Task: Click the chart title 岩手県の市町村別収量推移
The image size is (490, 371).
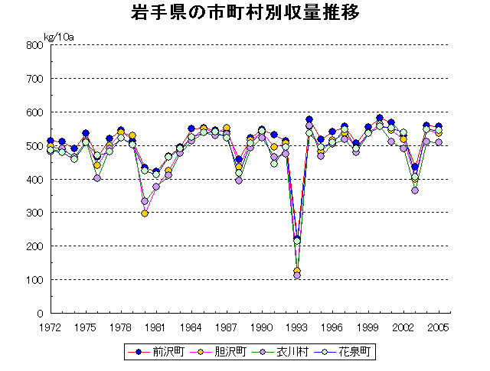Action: [244, 14]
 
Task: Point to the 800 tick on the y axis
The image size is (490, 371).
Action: [34, 45]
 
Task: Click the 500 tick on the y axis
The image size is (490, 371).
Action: [34, 145]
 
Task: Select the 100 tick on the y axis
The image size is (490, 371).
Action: [34, 280]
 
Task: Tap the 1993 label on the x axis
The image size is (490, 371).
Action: [297, 327]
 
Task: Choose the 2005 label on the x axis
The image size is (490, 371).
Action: [438, 327]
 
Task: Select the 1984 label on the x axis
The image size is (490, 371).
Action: [191, 327]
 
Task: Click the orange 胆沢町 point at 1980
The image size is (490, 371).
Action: [145, 213]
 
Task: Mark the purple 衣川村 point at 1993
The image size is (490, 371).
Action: [297, 275]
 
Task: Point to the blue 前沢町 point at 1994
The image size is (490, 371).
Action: [309, 119]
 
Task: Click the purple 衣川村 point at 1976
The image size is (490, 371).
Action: [97, 178]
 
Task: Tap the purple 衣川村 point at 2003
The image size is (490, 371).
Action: [415, 190]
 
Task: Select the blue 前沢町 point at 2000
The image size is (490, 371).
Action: [380, 118]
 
